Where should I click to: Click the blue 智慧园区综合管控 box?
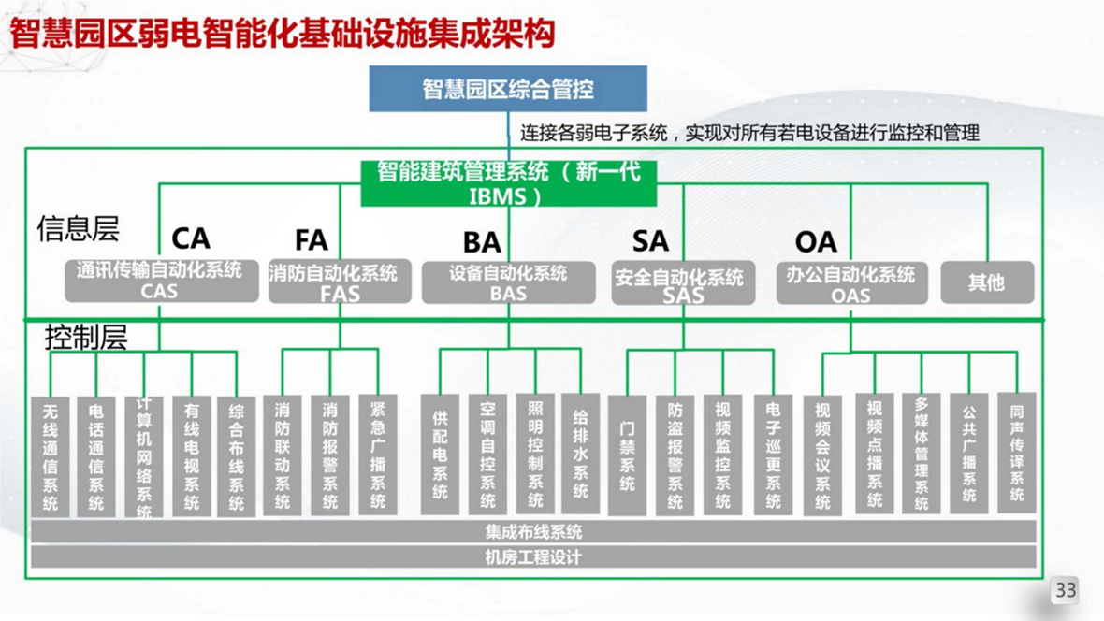point(507,89)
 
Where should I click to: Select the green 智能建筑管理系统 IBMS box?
point(508,183)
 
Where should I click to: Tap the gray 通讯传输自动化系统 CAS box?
point(160,281)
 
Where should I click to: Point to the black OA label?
point(815,241)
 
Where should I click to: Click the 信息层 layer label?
point(79,228)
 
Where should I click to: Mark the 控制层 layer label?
point(86,338)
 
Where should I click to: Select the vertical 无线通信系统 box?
point(51,456)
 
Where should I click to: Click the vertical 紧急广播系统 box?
point(378,455)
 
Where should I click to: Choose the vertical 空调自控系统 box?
point(487,455)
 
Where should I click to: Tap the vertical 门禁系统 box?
point(627,455)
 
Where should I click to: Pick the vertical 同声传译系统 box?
point(1016,453)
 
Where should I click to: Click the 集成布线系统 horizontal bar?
point(533,532)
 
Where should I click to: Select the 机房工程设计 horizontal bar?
point(533,557)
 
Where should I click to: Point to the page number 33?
point(1066,590)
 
